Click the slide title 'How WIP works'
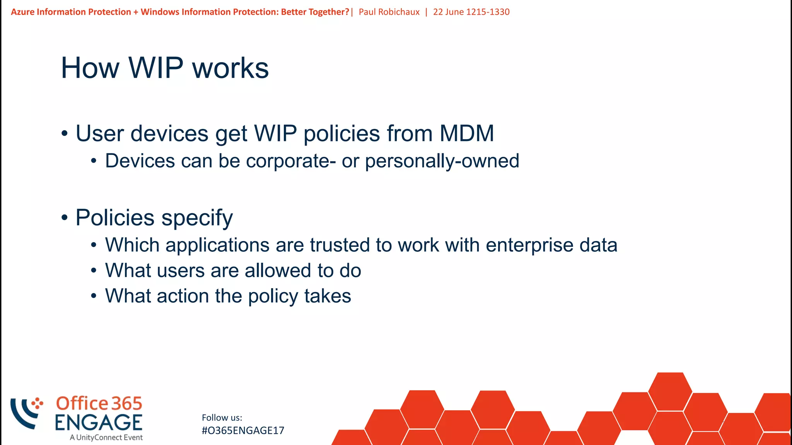tap(165, 68)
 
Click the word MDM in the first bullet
tap(466, 134)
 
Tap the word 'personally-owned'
tap(442, 161)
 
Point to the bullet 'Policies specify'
tap(154, 217)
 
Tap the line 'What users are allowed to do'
tap(233, 270)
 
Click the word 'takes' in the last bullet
tap(328, 296)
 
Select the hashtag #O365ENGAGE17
tap(243, 431)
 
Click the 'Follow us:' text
tap(222, 418)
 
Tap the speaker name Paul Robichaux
tap(389, 12)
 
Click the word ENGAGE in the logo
tap(99, 422)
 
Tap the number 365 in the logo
tap(127, 404)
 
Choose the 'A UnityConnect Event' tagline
tap(106, 438)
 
